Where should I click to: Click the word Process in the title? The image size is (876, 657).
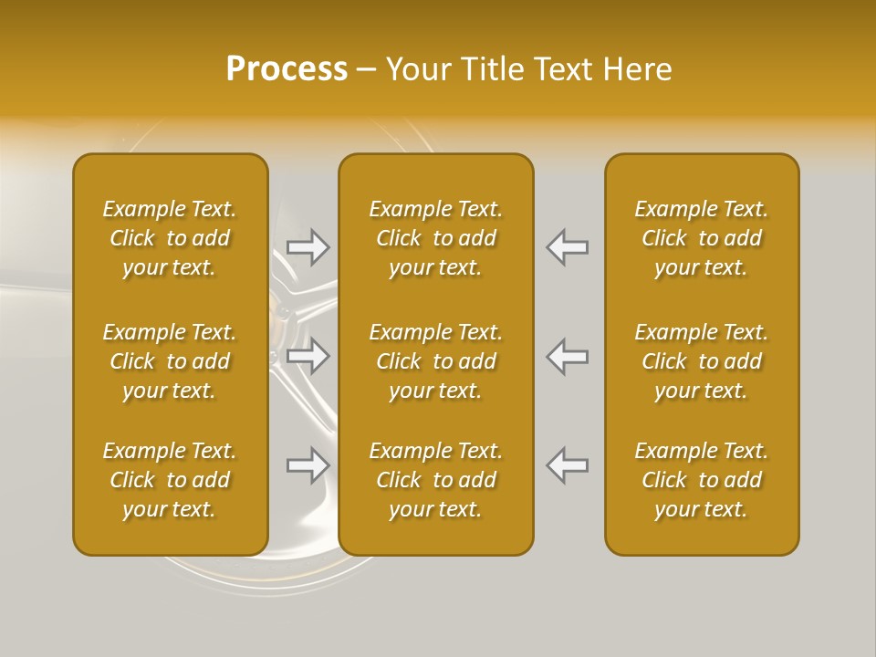[x=287, y=69]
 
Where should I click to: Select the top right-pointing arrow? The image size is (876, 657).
[x=308, y=247]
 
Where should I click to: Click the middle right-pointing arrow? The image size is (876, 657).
[x=308, y=357]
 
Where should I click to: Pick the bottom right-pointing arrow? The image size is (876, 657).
[x=308, y=465]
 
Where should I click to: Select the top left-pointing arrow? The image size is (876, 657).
[x=568, y=247]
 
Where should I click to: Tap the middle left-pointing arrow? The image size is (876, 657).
[x=568, y=357]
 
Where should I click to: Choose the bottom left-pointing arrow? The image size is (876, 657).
[x=568, y=465]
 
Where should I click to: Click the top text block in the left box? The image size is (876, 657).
[x=170, y=238]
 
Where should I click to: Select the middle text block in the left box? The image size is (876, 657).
[x=170, y=361]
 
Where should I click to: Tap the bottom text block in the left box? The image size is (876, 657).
[x=170, y=480]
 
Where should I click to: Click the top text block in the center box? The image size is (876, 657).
[x=436, y=238]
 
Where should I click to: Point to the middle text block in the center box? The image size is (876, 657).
[x=436, y=361]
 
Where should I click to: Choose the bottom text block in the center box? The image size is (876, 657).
[x=436, y=480]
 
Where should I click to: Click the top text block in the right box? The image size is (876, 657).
[x=702, y=238]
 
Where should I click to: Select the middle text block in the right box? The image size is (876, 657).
[x=702, y=361]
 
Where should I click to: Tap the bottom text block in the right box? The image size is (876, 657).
[x=702, y=480]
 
